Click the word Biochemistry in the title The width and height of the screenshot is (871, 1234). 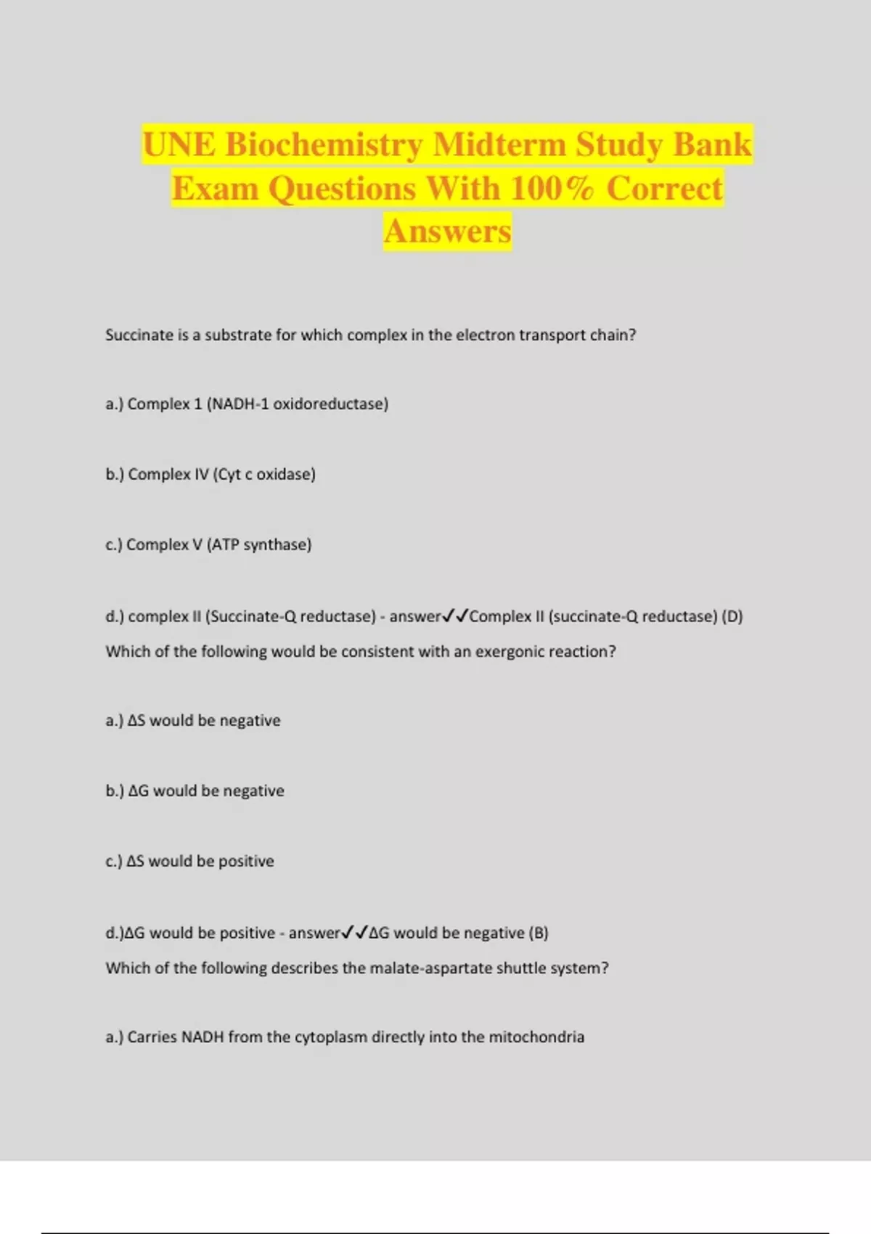click(x=324, y=144)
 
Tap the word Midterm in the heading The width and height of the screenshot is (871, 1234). click(x=499, y=144)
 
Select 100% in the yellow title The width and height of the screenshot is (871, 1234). click(x=551, y=189)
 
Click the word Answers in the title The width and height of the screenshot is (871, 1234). click(x=447, y=232)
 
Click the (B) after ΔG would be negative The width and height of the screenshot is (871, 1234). click(x=538, y=933)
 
